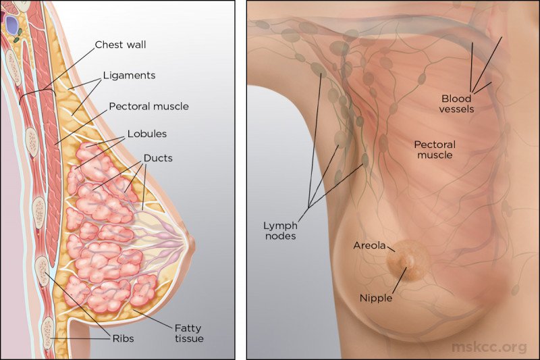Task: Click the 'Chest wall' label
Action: click(x=120, y=45)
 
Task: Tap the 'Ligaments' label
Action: click(x=130, y=76)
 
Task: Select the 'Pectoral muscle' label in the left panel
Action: click(x=148, y=107)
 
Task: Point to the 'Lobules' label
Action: click(x=147, y=134)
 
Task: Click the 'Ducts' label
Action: click(x=158, y=158)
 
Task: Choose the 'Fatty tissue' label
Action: click(x=189, y=333)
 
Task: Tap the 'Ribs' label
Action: click(x=123, y=338)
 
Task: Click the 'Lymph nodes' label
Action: click(x=280, y=231)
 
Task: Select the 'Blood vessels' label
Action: click(x=457, y=104)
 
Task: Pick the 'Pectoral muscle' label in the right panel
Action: click(x=435, y=149)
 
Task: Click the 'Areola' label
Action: click(x=369, y=245)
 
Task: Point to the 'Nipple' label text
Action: click(x=376, y=298)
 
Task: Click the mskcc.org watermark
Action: click(x=489, y=347)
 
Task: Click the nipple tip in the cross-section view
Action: click(x=194, y=241)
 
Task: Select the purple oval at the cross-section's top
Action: click(x=12, y=25)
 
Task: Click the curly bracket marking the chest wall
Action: click(x=37, y=93)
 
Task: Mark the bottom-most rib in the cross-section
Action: click(x=48, y=334)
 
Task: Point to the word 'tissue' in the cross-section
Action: click(x=189, y=338)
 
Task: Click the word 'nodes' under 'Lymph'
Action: click(x=280, y=236)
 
